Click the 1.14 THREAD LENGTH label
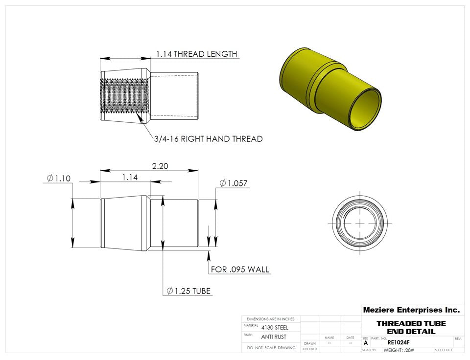pos(196,54)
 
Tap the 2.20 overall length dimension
pos(160,166)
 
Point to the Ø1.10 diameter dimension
pos(59,179)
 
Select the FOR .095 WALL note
pos(240,270)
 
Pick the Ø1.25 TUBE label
pos(188,291)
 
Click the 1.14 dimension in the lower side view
pos(130,178)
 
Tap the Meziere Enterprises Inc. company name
pos(411,310)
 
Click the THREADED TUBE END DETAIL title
pos(411,327)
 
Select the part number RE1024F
pos(398,342)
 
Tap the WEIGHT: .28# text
pos(399,350)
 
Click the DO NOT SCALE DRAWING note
pos(271,348)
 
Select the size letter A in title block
pos(366,343)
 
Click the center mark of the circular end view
pos(360,222)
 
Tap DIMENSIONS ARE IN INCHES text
pos(271,319)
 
